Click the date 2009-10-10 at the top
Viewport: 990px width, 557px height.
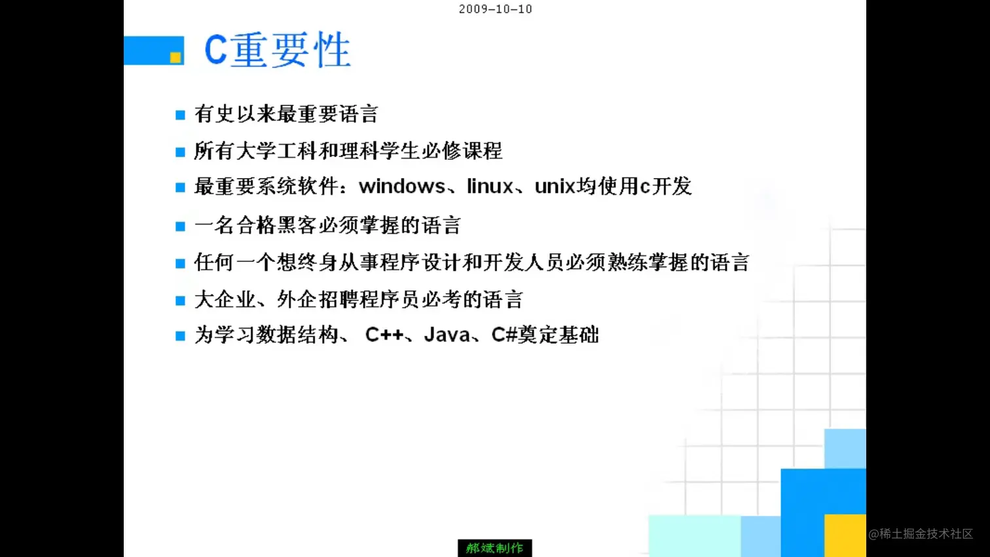(495, 9)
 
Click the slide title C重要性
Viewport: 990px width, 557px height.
(277, 50)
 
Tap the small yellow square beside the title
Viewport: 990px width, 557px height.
(175, 58)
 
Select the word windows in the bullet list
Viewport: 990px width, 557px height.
(402, 187)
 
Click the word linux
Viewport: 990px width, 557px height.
(490, 187)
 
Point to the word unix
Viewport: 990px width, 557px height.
(555, 187)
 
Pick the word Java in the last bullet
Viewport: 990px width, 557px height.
(447, 335)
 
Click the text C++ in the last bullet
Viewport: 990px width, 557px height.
(384, 335)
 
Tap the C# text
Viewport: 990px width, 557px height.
(504, 335)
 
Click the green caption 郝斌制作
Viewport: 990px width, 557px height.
(494, 548)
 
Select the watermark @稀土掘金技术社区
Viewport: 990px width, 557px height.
(921, 534)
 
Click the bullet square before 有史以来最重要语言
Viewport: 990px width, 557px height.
(180, 115)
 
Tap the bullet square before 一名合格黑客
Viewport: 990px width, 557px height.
(180, 226)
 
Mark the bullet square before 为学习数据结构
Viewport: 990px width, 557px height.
(180, 336)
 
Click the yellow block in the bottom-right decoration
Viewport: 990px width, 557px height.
(845, 535)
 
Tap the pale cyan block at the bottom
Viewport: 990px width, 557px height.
(694, 535)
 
